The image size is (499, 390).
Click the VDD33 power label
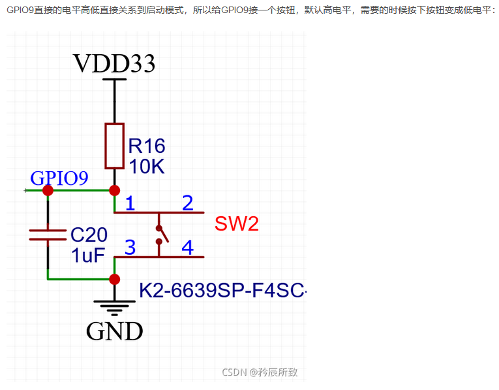click(x=114, y=63)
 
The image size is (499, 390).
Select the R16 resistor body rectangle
click(x=114, y=145)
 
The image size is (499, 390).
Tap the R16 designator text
click(x=147, y=145)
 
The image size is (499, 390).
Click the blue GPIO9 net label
click(x=59, y=178)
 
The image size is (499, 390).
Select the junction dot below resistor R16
click(x=114, y=190)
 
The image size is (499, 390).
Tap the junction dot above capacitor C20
click(x=48, y=190)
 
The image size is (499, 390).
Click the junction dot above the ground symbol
click(x=114, y=279)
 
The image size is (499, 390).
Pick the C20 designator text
click(x=89, y=234)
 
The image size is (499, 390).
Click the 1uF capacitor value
click(x=87, y=255)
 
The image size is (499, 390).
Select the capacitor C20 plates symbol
click(x=48, y=235)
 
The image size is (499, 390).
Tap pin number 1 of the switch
click(x=130, y=203)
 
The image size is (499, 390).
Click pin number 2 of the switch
click(x=187, y=203)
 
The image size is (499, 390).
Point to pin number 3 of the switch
click(x=130, y=248)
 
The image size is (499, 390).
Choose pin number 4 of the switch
click(x=187, y=248)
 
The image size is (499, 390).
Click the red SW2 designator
click(x=237, y=224)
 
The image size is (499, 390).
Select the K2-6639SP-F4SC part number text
click(x=222, y=290)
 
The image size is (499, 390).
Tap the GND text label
click(x=114, y=331)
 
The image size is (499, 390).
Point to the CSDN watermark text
click(x=260, y=372)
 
